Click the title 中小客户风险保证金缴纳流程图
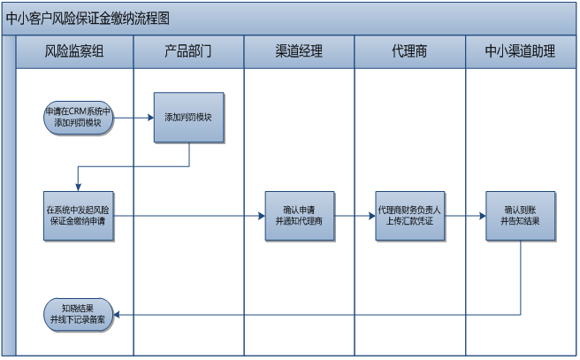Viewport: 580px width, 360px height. click(88, 18)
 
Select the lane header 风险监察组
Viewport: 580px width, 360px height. click(74, 51)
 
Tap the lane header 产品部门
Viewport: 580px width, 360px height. click(188, 51)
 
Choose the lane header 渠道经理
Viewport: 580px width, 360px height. click(299, 51)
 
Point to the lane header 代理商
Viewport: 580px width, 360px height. click(409, 51)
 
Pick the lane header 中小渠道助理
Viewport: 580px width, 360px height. click(521, 51)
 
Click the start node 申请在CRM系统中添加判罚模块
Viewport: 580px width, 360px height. click(79, 118)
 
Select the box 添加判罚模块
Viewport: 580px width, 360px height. click(189, 118)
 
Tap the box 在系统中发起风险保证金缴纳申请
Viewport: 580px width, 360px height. click(79, 215)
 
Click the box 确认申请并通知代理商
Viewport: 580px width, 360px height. click(299, 215)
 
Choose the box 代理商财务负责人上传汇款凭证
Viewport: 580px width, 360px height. click(409, 215)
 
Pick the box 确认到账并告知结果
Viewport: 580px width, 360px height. click(521, 215)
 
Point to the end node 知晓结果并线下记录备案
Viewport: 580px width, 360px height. click(79, 314)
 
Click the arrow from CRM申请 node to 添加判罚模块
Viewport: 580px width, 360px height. click(133, 118)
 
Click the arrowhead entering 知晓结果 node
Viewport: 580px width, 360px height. click(119, 314)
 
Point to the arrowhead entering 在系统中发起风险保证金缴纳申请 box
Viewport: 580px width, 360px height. click(79, 185)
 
